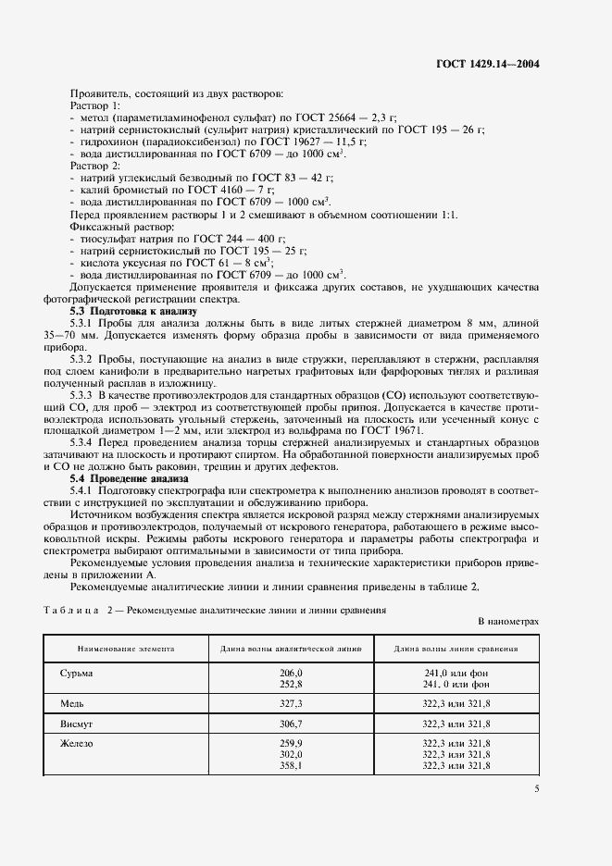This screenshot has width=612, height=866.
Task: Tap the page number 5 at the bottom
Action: [536, 788]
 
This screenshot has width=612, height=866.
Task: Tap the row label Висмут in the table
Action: [76, 724]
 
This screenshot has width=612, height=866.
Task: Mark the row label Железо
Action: [77, 744]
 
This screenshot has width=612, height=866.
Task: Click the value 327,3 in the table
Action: [292, 703]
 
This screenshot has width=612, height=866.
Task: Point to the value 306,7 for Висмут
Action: [292, 724]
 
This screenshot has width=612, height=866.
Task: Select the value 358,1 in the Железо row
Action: [292, 766]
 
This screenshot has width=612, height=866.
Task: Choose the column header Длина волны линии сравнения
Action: [455, 649]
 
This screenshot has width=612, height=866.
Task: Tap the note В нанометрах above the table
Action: [507, 623]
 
